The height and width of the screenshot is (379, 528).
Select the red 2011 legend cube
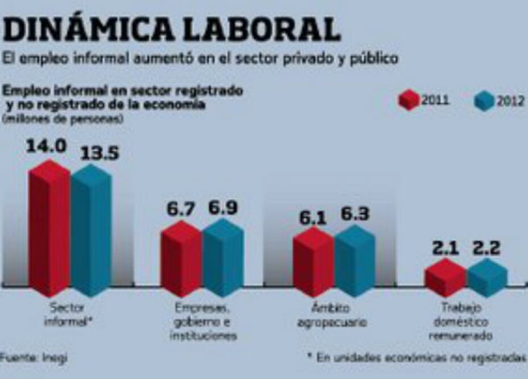click(408, 101)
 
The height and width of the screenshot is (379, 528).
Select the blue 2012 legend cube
click(483, 101)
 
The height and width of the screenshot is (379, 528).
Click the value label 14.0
click(46, 146)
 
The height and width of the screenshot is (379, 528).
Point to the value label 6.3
click(355, 214)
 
